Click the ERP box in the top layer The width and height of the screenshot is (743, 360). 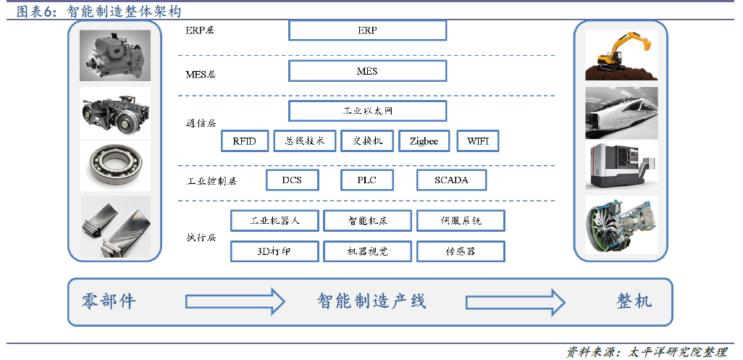(x=367, y=30)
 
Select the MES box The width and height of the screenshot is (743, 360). (x=367, y=71)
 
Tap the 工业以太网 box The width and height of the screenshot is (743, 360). (x=367, y=111)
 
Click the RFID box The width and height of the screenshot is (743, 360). (x=245, y=141)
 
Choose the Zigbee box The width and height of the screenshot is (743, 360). (x=424, y=141)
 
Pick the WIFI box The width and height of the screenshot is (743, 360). (x=478, y=141)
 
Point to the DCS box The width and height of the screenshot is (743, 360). (x=293, y=180)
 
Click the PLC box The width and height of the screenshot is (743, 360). (x=366, y=180)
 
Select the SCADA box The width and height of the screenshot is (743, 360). (x=451, y=180)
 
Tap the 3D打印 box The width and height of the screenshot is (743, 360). (x=274, y=251)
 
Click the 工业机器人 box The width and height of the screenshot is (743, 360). (x=274, y=221)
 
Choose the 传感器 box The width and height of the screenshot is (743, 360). (x=461, y=251)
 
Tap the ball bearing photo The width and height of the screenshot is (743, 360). (x=115, y=167)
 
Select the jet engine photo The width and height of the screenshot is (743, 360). (x=621, y=226)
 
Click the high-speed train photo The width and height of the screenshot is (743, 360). (x=621, y=113)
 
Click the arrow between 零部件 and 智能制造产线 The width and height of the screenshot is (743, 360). (x=235, y=301)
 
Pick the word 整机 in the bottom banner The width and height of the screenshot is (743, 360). (x=634, y=301)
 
